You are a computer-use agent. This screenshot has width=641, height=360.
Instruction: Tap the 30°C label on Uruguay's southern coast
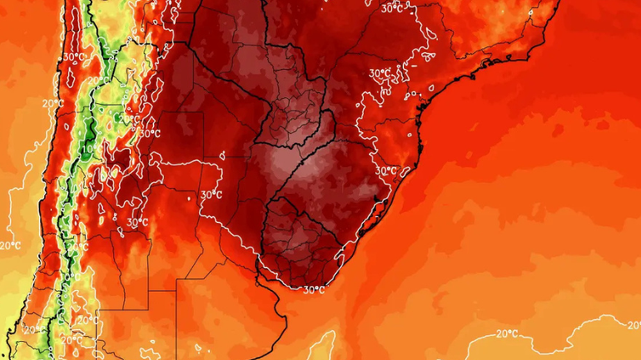[314, 290]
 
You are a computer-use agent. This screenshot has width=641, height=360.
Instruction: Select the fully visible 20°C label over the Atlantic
[507, 333]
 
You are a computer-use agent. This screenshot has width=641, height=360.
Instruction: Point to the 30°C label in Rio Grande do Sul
[386, 171]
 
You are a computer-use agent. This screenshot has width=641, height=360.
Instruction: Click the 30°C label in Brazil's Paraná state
[380, 73]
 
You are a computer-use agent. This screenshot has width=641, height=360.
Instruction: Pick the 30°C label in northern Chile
[74, 57]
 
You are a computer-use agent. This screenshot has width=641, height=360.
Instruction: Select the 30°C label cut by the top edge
[392, 8]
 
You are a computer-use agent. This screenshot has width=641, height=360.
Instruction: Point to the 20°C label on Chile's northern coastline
[53, 103]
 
